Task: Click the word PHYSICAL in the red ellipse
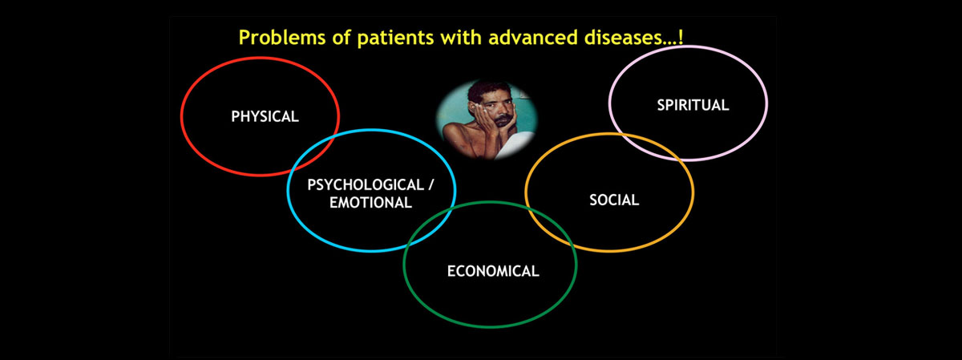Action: tap(265, 116)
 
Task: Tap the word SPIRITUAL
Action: tap(693, 105)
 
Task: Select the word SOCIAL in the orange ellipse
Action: tap(614, 200)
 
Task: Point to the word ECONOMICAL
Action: tap(493, 271)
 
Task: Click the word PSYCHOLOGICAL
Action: tap(366, 185)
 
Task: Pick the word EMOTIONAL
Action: tap(370, 203)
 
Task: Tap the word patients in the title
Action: tap(395, 38)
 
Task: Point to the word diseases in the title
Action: tap(622, 38)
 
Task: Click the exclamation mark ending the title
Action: tap(681, 37)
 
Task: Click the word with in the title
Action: tap(461, 38)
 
